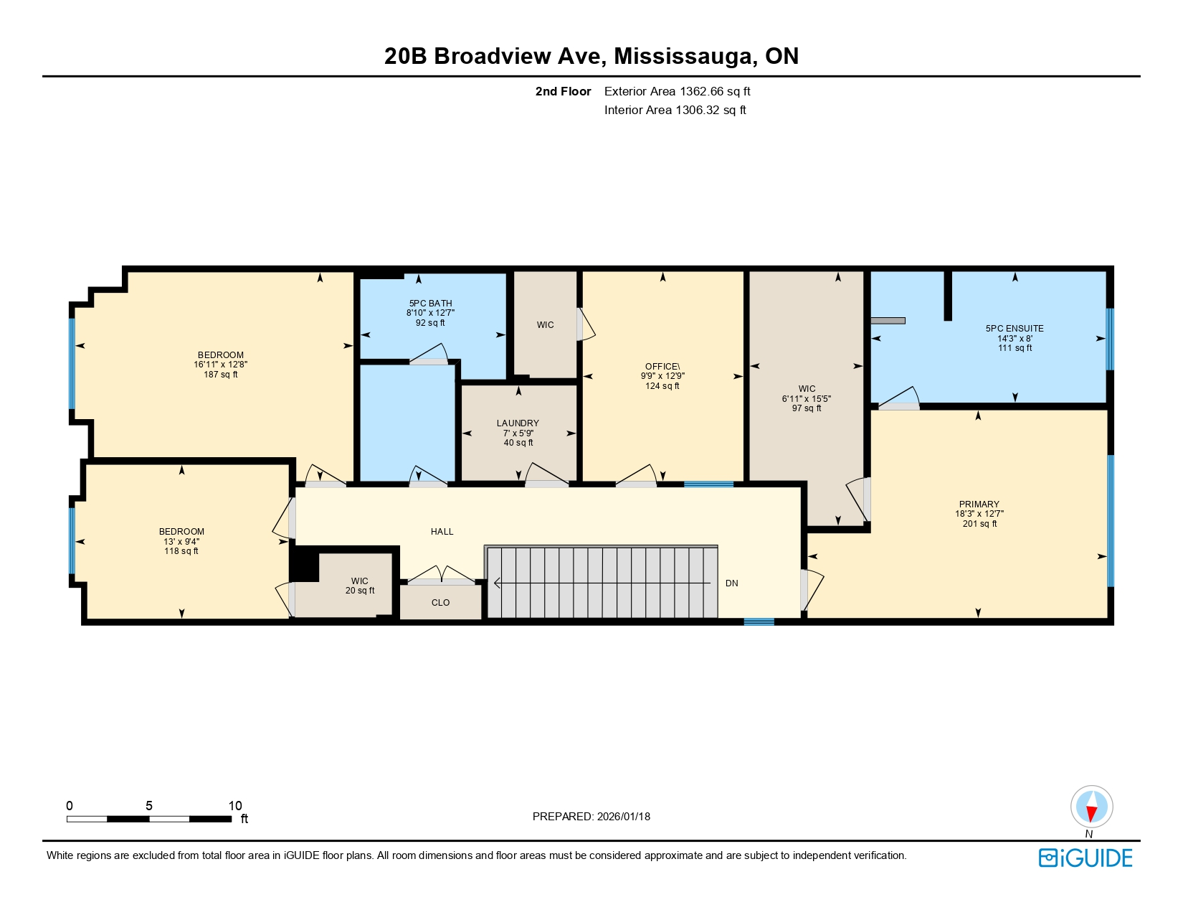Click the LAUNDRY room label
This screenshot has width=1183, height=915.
(518, 423)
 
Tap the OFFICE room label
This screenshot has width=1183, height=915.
(662, 367)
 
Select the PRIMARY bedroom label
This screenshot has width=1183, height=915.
(979, 505)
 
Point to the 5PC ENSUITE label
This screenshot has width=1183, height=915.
(1015, 329)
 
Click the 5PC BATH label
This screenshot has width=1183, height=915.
(430, 304)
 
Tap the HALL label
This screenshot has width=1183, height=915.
(442, 532)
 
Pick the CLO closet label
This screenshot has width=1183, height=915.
(440, 603)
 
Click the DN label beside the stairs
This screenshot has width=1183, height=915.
(731, 583)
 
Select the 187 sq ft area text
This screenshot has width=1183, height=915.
(221, 375)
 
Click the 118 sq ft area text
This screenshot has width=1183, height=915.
(181, 551)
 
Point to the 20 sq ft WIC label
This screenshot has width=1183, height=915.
(360, 591)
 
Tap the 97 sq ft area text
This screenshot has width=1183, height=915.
(807, 408)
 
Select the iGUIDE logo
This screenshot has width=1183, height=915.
(1085, 858)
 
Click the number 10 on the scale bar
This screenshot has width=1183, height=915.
(235, 806)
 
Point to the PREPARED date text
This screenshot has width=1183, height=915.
(591, 817)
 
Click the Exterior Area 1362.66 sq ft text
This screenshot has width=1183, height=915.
(678, 92)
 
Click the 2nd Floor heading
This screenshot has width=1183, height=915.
(563, 92)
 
